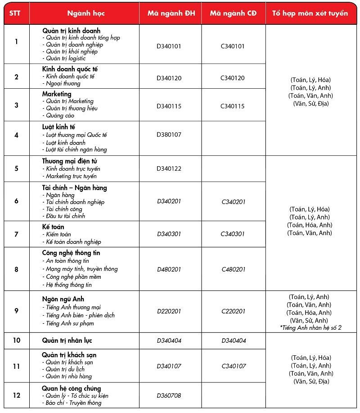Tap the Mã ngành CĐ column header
click(233, 14)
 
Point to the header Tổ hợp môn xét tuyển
click(310, 14)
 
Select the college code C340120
click(233, 78)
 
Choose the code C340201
click(234, 202)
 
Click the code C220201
click(234, 311)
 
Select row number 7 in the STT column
click(17, 234)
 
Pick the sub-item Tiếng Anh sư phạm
click(71, 323)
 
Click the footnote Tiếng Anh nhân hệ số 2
click(310, 328)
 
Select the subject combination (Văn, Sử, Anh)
click(310, 320)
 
